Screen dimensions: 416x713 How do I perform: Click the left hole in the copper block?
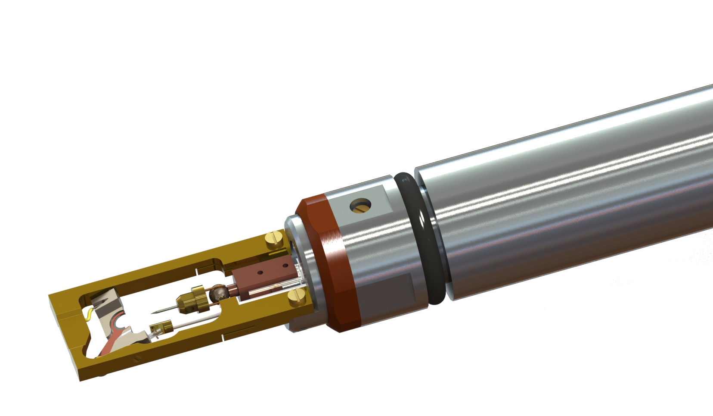coord(260,272)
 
